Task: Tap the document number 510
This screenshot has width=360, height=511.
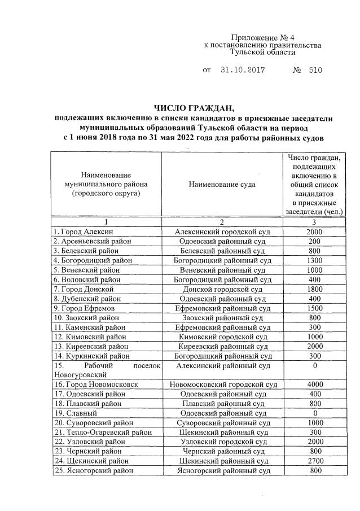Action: coord(315,71)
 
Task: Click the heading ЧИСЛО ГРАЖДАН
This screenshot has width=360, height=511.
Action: coord(194,108)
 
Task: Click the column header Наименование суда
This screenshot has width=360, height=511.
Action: coord(222,184)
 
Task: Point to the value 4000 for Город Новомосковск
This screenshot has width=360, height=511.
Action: coord(314,384)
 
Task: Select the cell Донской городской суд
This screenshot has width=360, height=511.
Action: coord(222,289)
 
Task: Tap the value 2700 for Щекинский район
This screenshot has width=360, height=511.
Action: coord(314,460)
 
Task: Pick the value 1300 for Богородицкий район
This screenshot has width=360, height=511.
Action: coord(314,260)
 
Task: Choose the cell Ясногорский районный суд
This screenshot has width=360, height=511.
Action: coord(222,470)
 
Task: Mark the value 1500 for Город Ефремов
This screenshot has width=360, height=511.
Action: coord(314,308)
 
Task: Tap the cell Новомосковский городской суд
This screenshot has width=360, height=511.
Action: coord(222,384)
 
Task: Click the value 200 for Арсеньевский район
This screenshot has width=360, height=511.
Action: coord(314,241)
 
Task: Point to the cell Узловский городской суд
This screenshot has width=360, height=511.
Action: coord(222,441)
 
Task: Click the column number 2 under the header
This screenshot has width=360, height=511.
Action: coord(222,222)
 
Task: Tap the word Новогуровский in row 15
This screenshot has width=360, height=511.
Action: coord(78,374)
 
